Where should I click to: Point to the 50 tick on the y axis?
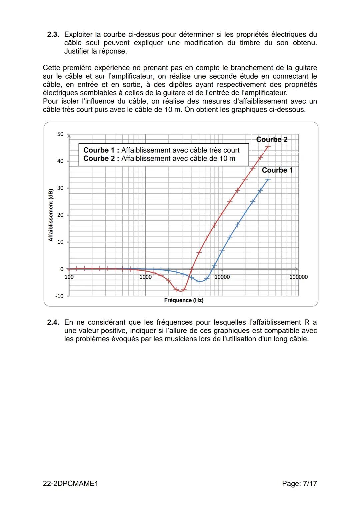[x=60, y=134]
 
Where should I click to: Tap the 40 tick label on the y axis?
[x=60, y=161]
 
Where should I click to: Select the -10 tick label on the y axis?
[x=59, y=296]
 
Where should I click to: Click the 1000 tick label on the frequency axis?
[x=145, y=277]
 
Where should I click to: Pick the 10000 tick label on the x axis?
[x=222, y=277]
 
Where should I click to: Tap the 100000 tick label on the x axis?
[x=298, y=277]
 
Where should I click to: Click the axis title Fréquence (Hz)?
[x=184, y=300]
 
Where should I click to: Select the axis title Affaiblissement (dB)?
[x=51, y=215]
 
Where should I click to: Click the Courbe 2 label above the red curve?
[x=272, y=140]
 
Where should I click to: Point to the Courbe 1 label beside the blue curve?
[x=277, y=170]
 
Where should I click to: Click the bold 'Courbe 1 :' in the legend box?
[x=101, y=150]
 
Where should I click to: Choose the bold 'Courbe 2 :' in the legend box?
[x=101, y=159]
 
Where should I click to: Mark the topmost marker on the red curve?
[x=268, y=146]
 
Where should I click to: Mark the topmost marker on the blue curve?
[x=268, y=179]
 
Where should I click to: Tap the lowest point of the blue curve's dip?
[x=199, y=281]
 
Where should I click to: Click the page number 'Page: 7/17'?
[x=299, y=483]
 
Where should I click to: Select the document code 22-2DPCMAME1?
[x=71, y=483]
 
